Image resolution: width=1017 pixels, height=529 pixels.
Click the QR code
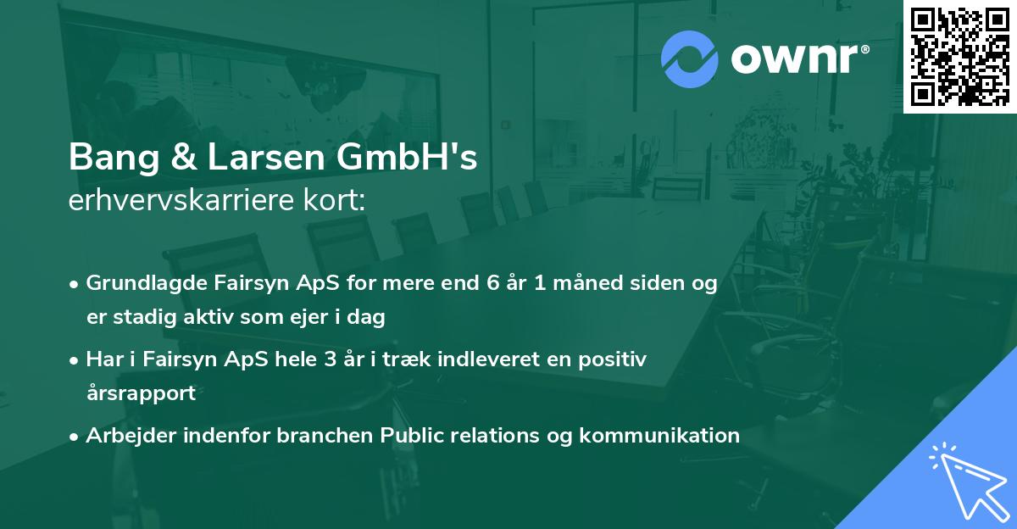click(959, 57)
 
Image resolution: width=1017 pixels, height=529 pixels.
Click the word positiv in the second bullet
click(618, 359)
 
